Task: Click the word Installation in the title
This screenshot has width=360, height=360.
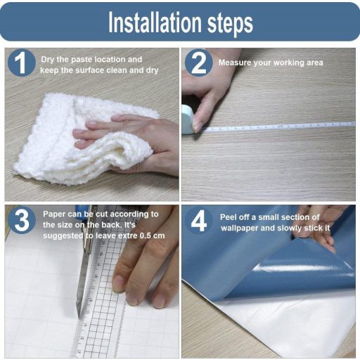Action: pos(155,22)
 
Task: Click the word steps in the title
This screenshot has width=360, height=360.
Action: pos(231,24)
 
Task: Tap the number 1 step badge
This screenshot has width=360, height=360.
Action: pos(22,63)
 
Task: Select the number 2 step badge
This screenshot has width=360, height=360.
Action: pos(199,63)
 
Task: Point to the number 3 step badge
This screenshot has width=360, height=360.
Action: pos(22,220)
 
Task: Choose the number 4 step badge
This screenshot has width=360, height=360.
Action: pos(199,220)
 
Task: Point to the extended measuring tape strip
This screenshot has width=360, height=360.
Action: pos(279,127)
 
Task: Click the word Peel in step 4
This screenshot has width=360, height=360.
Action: pos(228,217)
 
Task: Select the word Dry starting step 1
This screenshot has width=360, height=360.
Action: pos(48,60)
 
